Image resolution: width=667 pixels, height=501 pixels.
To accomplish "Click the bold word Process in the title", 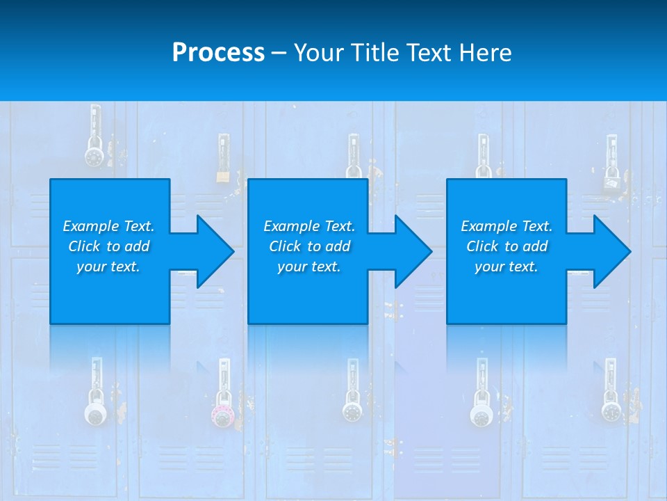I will pyautogui.click(x=218, y=53).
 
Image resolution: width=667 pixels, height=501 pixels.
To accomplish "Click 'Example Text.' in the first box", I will pyautogui.click(x=108, y=226).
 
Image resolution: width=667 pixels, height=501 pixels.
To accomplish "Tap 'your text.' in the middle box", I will pyautogui.click(x=308, y=267).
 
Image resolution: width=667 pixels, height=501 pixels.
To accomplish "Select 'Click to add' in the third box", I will pyautogui.click(x=507, y=246).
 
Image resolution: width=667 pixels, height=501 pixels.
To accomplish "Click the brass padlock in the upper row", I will pyautogui.click(x=222, y=174).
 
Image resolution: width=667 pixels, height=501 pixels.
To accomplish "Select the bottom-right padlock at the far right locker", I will pyautogui.click(x=611, y=410).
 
